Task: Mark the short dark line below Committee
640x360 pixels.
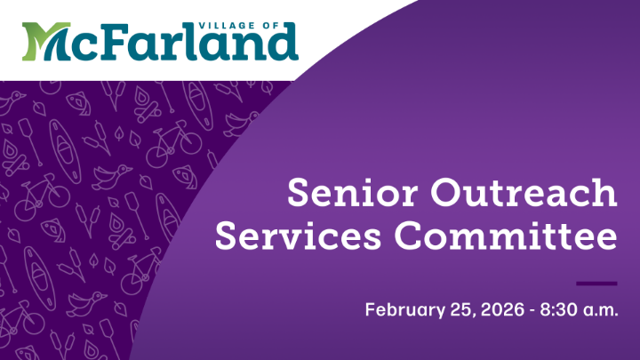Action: [596, 284]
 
